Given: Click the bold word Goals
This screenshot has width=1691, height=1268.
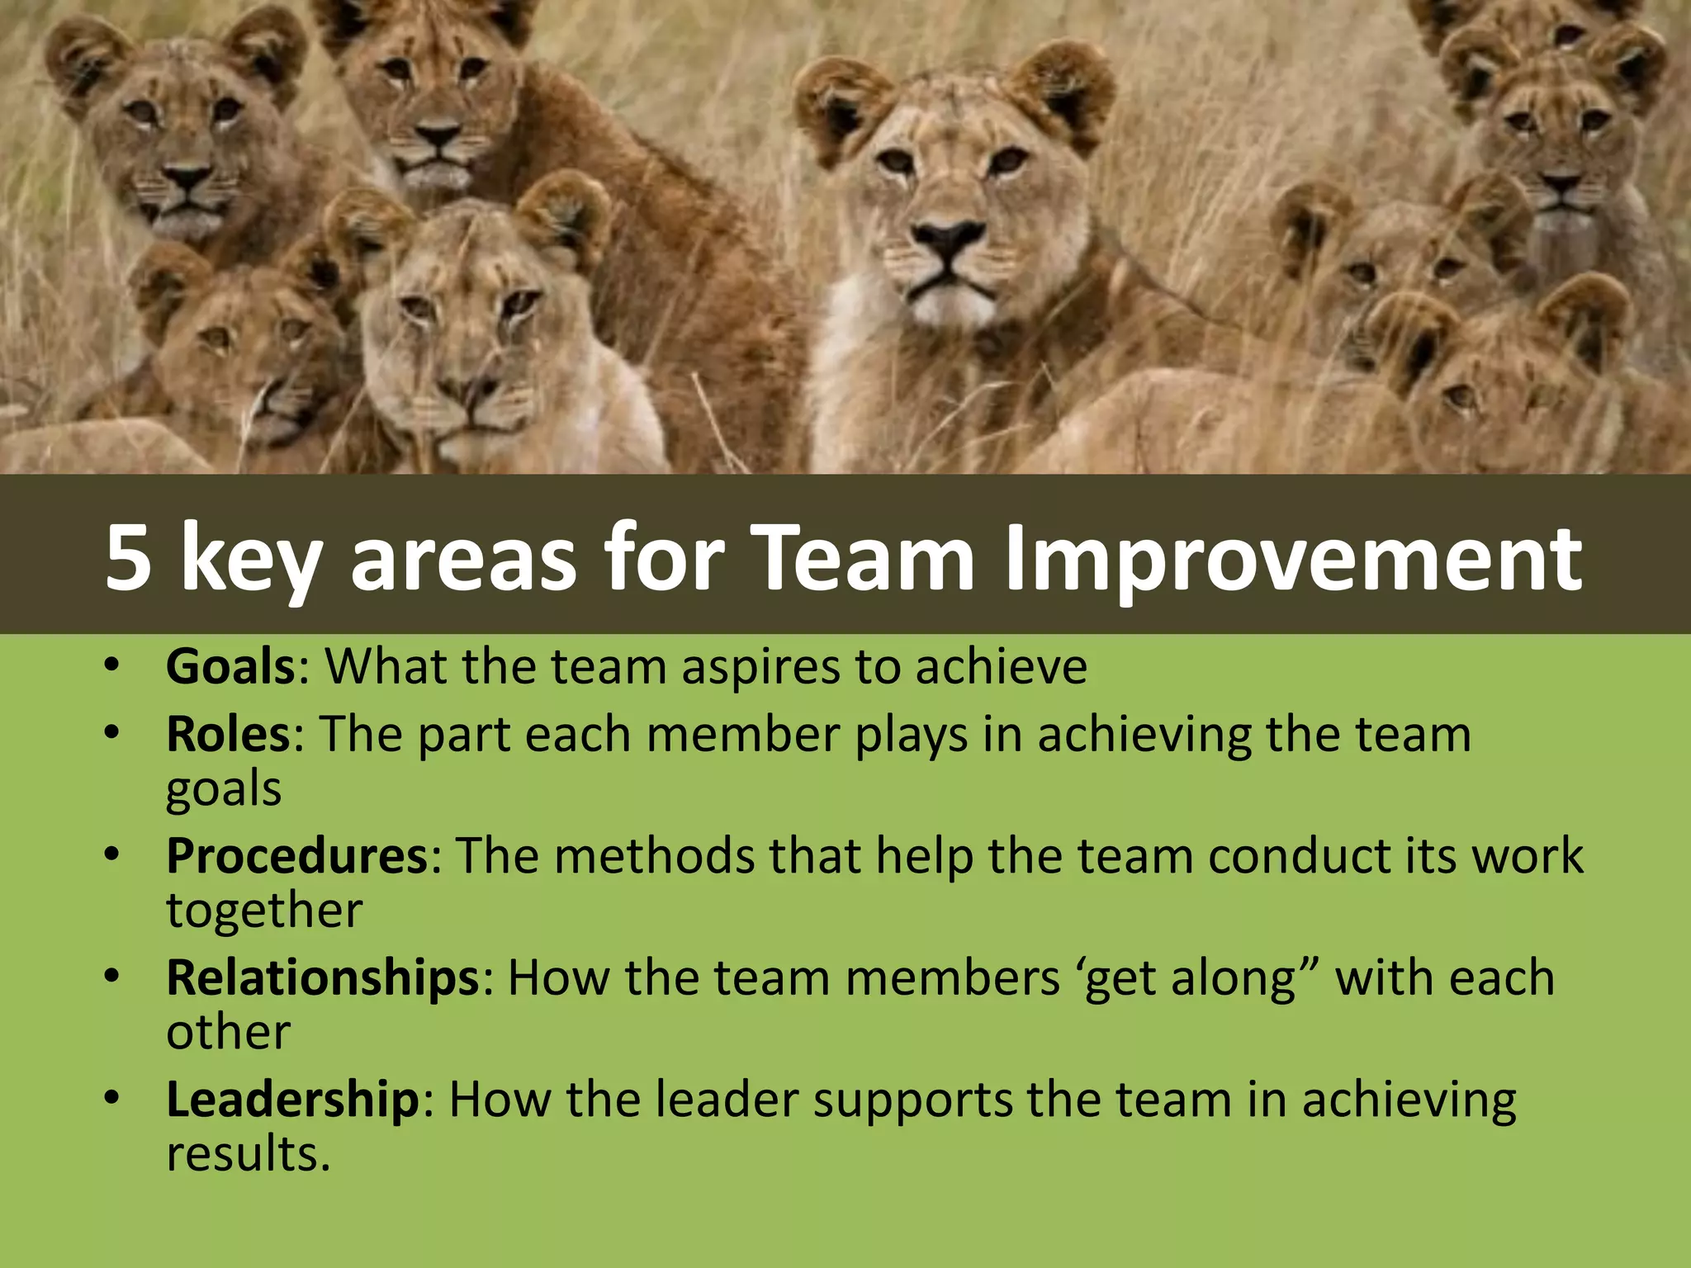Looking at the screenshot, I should click(230, 666).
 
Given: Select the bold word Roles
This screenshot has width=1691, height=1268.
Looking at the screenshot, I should click(228, 734).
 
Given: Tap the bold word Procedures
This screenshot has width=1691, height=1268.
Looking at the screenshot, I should click(296, 855).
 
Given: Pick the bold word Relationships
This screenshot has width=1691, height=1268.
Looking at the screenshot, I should click(323, 977).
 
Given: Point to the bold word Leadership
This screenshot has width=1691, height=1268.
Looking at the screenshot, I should click(292, 1100).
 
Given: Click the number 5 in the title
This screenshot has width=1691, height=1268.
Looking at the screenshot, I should click(129, 559).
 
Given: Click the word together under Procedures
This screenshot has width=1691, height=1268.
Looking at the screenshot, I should click(264, 911).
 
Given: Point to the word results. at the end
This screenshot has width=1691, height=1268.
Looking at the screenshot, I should click(248, 1154).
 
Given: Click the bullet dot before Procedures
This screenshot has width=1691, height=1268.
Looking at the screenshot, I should click(112, 855).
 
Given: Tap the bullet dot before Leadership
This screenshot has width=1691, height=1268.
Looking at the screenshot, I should click(112, 1099).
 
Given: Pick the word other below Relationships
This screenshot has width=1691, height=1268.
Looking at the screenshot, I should click(228, 1033).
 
